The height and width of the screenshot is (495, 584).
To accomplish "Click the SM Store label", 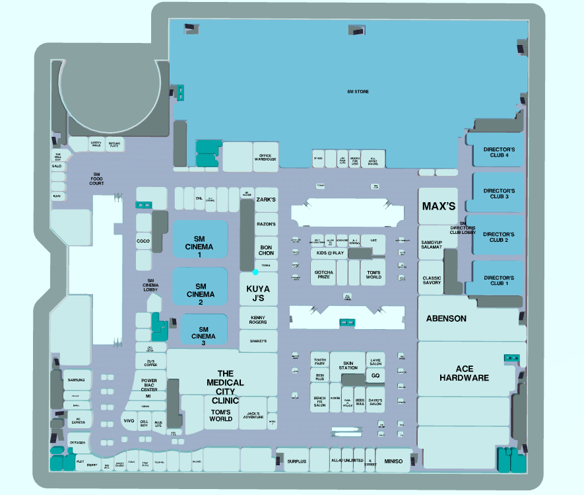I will click(358, 91).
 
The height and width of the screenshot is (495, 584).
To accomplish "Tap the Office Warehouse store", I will click(265, 157).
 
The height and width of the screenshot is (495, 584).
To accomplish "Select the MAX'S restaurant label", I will click(439, 206).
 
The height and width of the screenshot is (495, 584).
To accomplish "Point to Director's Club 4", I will click(499, 153).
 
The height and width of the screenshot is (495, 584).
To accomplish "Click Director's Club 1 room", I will click(499, 280).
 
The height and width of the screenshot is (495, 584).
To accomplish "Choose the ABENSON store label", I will click(446, 319).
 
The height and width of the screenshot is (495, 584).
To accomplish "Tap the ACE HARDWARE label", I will click(463, 373).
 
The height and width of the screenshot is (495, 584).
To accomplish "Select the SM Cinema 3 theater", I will click(203, 336).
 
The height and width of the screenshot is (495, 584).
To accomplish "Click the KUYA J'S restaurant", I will click(258, 293).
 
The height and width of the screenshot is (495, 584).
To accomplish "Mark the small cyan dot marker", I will click(255, 272).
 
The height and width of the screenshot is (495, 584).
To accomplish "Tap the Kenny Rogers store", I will click(258, 320).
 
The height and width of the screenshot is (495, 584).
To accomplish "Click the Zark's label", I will click(265, 199).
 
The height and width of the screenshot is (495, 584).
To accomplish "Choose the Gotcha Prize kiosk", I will click(323, 274).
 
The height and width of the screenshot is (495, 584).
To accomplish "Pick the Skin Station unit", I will click(348, 365).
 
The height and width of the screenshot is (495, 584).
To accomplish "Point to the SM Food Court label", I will click(96, 178).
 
